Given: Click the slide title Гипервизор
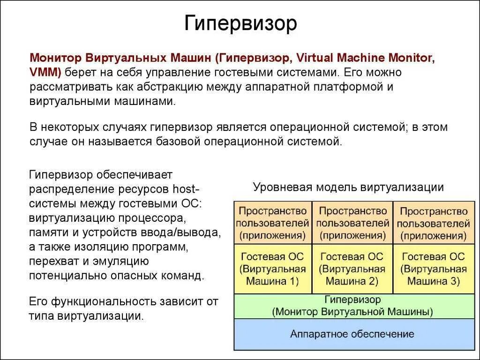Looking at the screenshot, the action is coord(240,23).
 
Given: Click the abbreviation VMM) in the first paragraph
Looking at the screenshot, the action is coord(45,73).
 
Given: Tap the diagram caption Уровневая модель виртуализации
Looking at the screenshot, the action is coord(348,187).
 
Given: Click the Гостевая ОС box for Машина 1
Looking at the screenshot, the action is coord(272,269).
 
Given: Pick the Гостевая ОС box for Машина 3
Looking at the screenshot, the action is coord(433,269).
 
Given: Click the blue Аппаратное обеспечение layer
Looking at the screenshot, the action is coord(352,334).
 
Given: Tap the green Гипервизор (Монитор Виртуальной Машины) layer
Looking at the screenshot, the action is coord(352,306).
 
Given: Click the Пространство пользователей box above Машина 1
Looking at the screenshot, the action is coord(272,223).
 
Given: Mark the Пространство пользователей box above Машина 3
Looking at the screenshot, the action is coord(433,223).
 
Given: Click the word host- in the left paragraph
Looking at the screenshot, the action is coord(187,190).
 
